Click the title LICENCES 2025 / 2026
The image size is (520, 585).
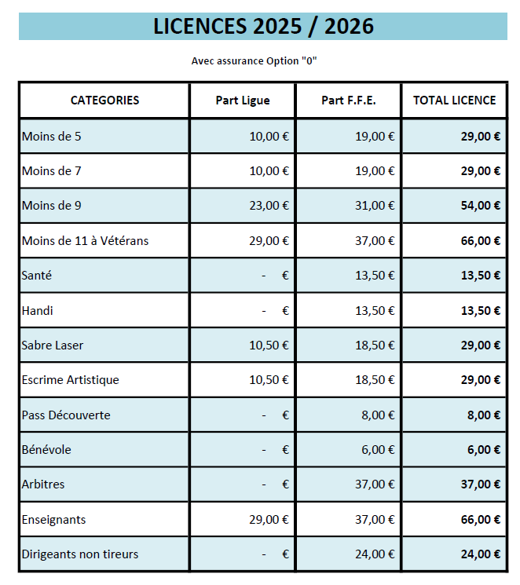(263, 27)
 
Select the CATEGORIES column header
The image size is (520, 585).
(104, 101)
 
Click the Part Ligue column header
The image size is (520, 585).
(243, 101)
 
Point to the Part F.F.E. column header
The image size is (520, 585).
(349, 101)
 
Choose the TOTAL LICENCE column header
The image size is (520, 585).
(455, 101)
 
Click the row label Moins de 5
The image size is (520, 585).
(52, 137)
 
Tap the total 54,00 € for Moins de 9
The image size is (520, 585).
(481, 206)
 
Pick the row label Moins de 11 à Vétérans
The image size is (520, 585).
(85, 241)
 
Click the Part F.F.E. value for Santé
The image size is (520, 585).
(375, 276)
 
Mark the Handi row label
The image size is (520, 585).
(38, 311)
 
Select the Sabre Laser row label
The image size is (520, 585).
(53, 346)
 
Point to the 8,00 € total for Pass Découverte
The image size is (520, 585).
(484, 415)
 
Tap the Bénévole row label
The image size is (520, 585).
(46, 450)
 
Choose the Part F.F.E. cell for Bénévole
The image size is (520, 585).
(378, 450)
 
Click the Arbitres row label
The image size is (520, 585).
(43, 484)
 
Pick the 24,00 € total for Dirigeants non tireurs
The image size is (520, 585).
(481, 554)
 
